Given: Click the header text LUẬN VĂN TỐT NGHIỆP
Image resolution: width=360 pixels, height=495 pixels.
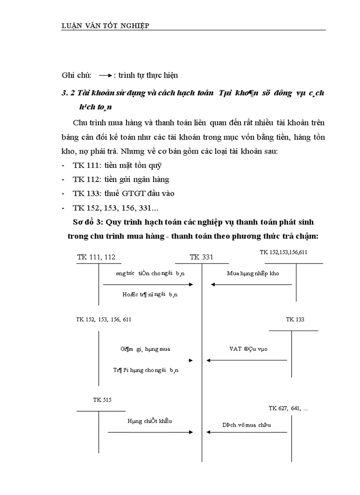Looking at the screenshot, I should pyautogui.click(x=105, y=25).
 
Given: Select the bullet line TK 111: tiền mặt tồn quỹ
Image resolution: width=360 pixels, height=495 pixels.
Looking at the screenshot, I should pyautogui.click(x=114, y=166).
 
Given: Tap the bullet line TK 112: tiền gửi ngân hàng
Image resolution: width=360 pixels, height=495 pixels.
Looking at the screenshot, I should pyautogui.click(x=121, y=179).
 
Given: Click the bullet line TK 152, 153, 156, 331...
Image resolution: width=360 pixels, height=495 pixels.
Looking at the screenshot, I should pyautogui.click(x=118, y=207).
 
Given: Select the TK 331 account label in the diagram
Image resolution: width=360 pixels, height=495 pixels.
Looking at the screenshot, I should pyautogui.click(x=201, y=257).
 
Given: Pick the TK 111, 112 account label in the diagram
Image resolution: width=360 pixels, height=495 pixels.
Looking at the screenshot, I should pyautogui.click(x=96, y=257).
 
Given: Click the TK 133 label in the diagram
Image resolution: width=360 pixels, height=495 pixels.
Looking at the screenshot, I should pyautogui.click(x=295, y=320).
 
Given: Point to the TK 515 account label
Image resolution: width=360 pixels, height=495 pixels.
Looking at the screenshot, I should pyautogui.click(x=102, y=400).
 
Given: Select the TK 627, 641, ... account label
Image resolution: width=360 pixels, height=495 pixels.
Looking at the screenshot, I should pyautogui.click(x=288, y=409).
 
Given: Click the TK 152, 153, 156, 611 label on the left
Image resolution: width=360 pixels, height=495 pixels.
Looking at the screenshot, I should pyautogui.click(x=104, y=320).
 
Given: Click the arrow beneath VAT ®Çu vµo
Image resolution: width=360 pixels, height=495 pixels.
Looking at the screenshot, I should pyautogui.click(x=247, y=361).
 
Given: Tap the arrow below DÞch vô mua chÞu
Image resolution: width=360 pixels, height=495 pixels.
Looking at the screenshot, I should pyautogui.click(x=247, y=432).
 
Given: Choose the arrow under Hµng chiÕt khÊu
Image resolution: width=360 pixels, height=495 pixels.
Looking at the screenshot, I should pyautogui.click(x=150, y=432).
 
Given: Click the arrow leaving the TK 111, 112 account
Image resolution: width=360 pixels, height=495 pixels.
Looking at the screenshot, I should pyautogui.click(x=148, y=284).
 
